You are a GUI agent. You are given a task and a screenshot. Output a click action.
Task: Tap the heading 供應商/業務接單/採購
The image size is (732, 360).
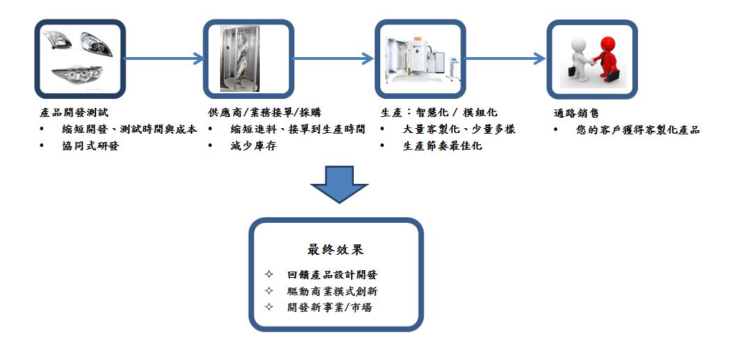265,113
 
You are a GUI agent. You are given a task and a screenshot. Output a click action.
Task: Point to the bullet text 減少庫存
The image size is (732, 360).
254,146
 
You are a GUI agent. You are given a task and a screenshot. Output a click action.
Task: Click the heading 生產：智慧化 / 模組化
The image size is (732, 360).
439,113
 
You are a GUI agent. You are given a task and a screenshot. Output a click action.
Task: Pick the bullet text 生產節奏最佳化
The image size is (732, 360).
442,146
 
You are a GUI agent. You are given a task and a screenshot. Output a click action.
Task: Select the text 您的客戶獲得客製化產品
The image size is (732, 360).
638,130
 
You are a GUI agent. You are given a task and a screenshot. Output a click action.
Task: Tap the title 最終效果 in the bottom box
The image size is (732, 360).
335,249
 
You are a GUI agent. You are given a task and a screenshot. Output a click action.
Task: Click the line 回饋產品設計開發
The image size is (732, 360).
332,275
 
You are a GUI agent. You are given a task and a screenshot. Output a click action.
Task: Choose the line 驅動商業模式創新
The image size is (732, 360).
332,291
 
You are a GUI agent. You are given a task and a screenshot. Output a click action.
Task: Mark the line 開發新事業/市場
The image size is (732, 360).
329,307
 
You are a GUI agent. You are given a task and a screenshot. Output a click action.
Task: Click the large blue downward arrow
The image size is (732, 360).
338,184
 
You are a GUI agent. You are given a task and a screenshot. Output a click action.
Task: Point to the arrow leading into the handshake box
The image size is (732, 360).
505,58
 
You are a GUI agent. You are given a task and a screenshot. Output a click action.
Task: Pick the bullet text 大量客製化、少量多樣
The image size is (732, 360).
459,130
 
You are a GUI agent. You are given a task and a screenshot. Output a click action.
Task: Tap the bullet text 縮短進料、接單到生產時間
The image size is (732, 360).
297,130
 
